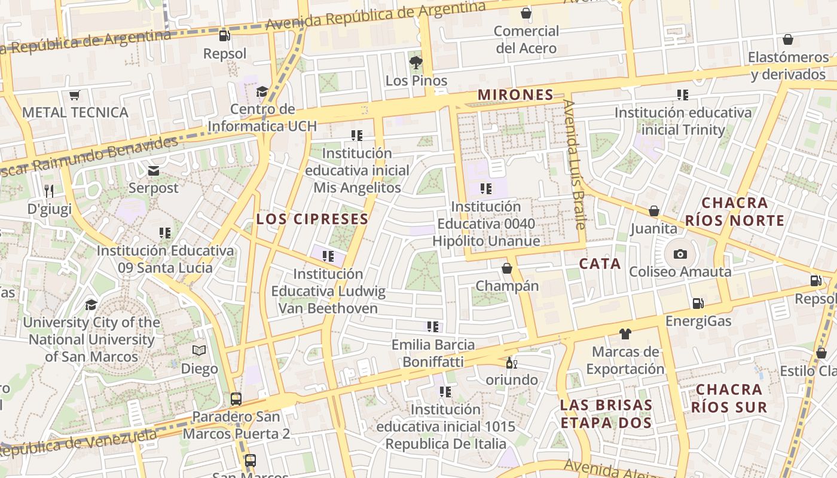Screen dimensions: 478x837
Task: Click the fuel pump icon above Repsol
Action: click(225, 36)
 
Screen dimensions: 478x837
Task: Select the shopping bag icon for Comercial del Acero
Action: click(526, 13)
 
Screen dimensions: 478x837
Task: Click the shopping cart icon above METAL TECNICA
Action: click(75, 95)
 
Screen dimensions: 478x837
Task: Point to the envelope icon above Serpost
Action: click(154, 171)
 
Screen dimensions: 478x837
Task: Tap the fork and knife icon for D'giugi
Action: click(49, 191)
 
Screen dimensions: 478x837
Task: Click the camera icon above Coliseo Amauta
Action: click(680, 254)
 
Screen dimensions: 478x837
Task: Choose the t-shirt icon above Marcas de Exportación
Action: click(625, 334)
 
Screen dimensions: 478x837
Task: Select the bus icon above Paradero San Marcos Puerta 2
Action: click(236, 399)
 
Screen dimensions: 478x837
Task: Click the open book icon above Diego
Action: click(199, 351)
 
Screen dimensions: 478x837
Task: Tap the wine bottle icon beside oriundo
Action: click(511, 363)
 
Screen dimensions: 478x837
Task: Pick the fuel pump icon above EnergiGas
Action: click(698, 304)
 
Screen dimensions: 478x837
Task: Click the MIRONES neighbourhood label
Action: click(515, 94)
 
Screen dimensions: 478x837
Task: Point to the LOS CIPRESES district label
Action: click(313, 219)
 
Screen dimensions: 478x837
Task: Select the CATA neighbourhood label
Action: click(600, 263)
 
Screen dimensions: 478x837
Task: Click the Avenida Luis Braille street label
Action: click(575, 164)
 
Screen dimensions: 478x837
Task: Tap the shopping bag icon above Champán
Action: click(507, 268)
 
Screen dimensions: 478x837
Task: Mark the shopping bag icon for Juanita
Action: click(654, 211)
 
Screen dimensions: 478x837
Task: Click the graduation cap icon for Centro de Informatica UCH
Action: click(262, 91)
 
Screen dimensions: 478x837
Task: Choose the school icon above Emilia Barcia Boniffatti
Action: click(433, 327)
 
